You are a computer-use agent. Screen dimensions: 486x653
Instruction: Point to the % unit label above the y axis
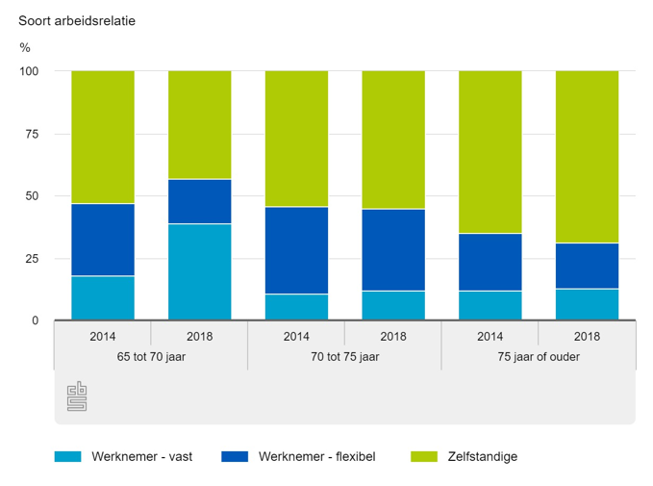click(24, 47)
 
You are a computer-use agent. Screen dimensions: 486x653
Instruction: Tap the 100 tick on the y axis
click(30, 71)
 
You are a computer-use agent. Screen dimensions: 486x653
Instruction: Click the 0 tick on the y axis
click(36, 320)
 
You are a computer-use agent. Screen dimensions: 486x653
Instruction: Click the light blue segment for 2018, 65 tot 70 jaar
click(200, 271)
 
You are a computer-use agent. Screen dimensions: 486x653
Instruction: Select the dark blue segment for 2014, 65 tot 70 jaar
click(103, 240)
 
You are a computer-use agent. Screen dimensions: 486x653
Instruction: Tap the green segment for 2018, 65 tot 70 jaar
click(200, 125)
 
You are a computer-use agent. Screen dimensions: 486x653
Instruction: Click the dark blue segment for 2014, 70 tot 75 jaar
click(296, 250)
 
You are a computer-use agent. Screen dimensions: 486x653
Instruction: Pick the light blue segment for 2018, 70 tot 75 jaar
click(393, 305)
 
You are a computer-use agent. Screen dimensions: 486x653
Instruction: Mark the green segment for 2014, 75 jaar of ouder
click(490, 152)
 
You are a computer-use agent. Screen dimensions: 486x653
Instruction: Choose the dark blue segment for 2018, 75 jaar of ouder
click(587, 266)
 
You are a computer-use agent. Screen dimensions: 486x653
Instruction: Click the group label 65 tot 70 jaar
click(151, 357)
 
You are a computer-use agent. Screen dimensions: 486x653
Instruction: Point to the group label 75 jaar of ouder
click(539, 357)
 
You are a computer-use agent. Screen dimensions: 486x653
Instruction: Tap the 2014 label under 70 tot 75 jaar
click(296, 337)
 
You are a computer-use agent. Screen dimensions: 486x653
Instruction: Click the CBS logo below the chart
click(77, 396)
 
